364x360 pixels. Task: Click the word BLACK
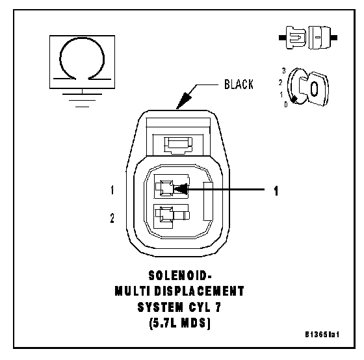pyautogui.click(x=239, y=84)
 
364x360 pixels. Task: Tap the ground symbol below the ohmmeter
pyautogui.click(x=82, y=100)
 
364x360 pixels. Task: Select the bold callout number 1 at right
pyautogui.click(x=276, y=191)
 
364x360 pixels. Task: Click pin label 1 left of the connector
pyautogui.click(x=112, y=190)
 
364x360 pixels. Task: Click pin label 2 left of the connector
pyautogui.click(x=112, y=218)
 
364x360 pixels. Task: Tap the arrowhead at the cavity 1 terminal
pyautogui.click(x=181, y=189)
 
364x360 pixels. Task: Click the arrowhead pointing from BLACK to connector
pyautogui.click(x=184, y=100)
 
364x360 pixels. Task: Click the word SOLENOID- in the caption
pyautogui.click(x=180, y=276)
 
